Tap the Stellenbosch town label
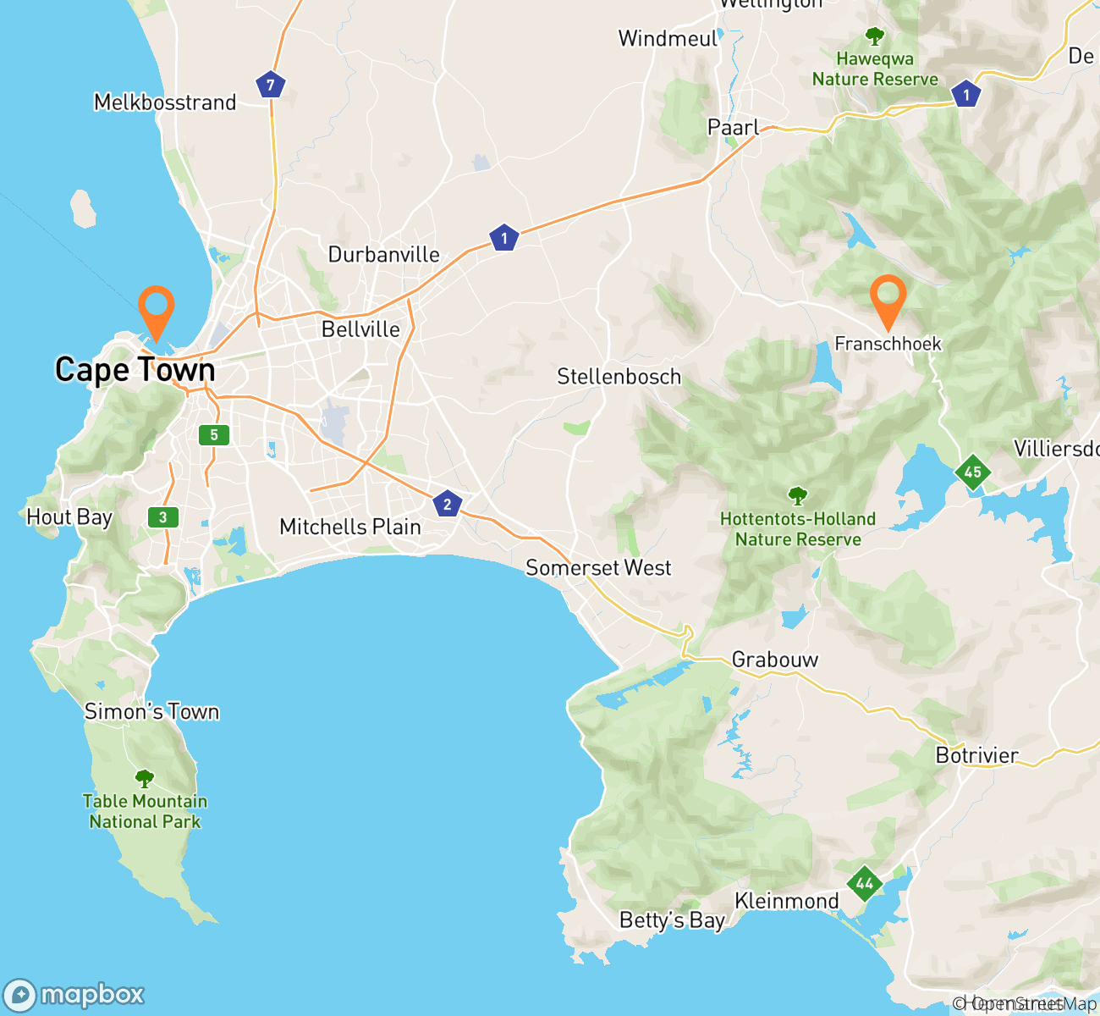[x=619, y=377]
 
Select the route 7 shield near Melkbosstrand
[x=271, y=85]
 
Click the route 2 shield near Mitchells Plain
[x=448, y=505]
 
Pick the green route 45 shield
[x=972, y=472]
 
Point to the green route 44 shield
[x=864, y=884]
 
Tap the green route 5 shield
[x=214, y=435]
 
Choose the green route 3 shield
[x=163, y=517]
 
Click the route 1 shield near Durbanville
[x=504, y=238]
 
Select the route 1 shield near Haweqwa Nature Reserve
[x=965, y=95]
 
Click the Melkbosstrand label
[x=165, y=102]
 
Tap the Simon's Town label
[x=151, y=712]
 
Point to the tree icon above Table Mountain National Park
[x=145, y=778]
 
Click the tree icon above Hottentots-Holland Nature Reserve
[x=797, y=496]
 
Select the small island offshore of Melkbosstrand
[x=83, y=208]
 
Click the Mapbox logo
[x=74, y=995]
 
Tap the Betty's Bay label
[x=672, y=920]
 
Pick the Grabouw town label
[x=774, y=660]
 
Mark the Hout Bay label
[x=69, y=517]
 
